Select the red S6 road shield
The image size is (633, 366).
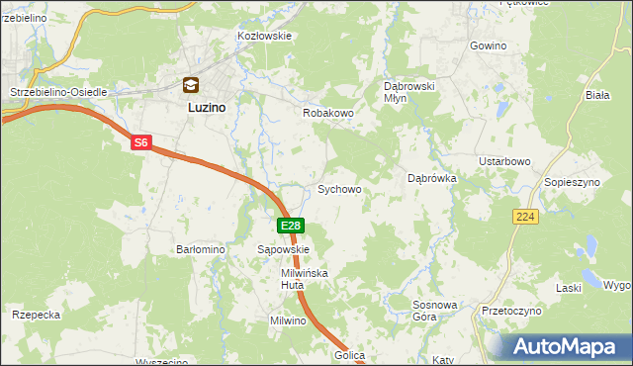[x=140, y=143]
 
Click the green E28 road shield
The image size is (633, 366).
[x=290, y=227]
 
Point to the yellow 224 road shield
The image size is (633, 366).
[x=525, y=217]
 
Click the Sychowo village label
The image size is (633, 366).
[x=338, y=188]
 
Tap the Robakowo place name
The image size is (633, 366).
[x=327, y=114]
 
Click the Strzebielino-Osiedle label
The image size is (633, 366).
[x=57, y=92]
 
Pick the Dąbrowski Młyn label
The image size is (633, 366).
[x=409, y=92]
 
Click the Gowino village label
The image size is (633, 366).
[x=488, y=46]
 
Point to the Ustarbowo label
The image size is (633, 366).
[x=505, y=161]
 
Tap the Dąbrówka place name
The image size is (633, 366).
[x=431, y=179]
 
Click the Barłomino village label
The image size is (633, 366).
[x=202, y=250]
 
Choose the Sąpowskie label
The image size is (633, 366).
[x=284, y=250]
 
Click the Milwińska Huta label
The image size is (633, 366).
[x=304, y=278]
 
